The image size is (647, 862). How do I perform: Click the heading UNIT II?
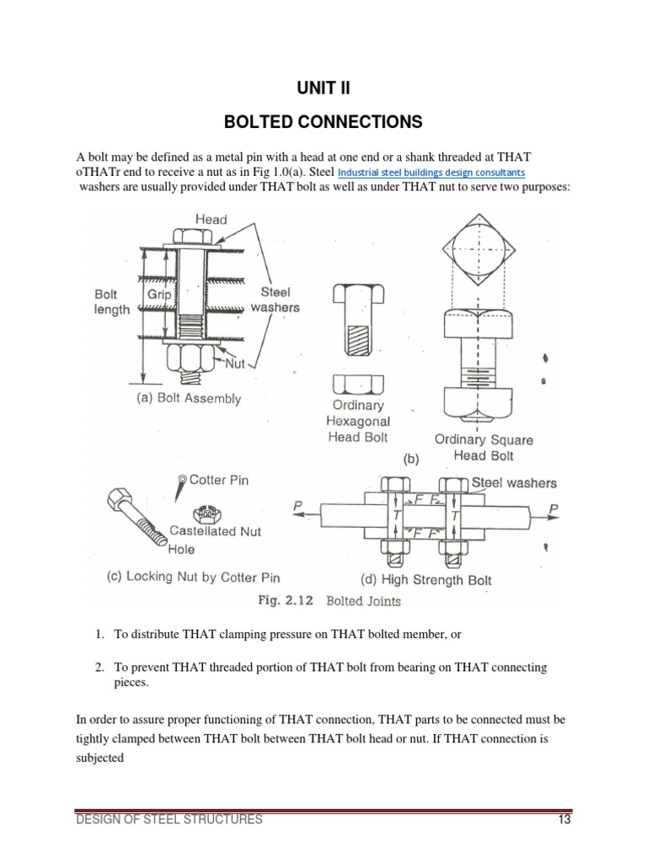(323, 90)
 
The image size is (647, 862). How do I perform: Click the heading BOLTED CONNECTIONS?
(323, 123)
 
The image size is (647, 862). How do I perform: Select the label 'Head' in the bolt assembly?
(211, 219)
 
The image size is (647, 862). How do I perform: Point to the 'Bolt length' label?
(112, 302)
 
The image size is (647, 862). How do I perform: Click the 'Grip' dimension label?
(159, 295)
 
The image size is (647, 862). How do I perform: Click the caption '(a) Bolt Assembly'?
(188, 399)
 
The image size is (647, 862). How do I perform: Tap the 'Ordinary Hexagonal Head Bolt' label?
(359, 421)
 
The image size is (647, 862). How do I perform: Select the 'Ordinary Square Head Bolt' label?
(483, 447)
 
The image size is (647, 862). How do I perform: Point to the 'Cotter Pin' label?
(219, 481)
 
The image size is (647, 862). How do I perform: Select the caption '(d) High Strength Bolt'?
(425, 579)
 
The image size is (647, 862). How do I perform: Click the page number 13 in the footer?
(564, 821)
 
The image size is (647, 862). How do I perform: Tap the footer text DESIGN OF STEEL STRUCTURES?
(168, 821)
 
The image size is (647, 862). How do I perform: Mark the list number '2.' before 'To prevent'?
(99, 668)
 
